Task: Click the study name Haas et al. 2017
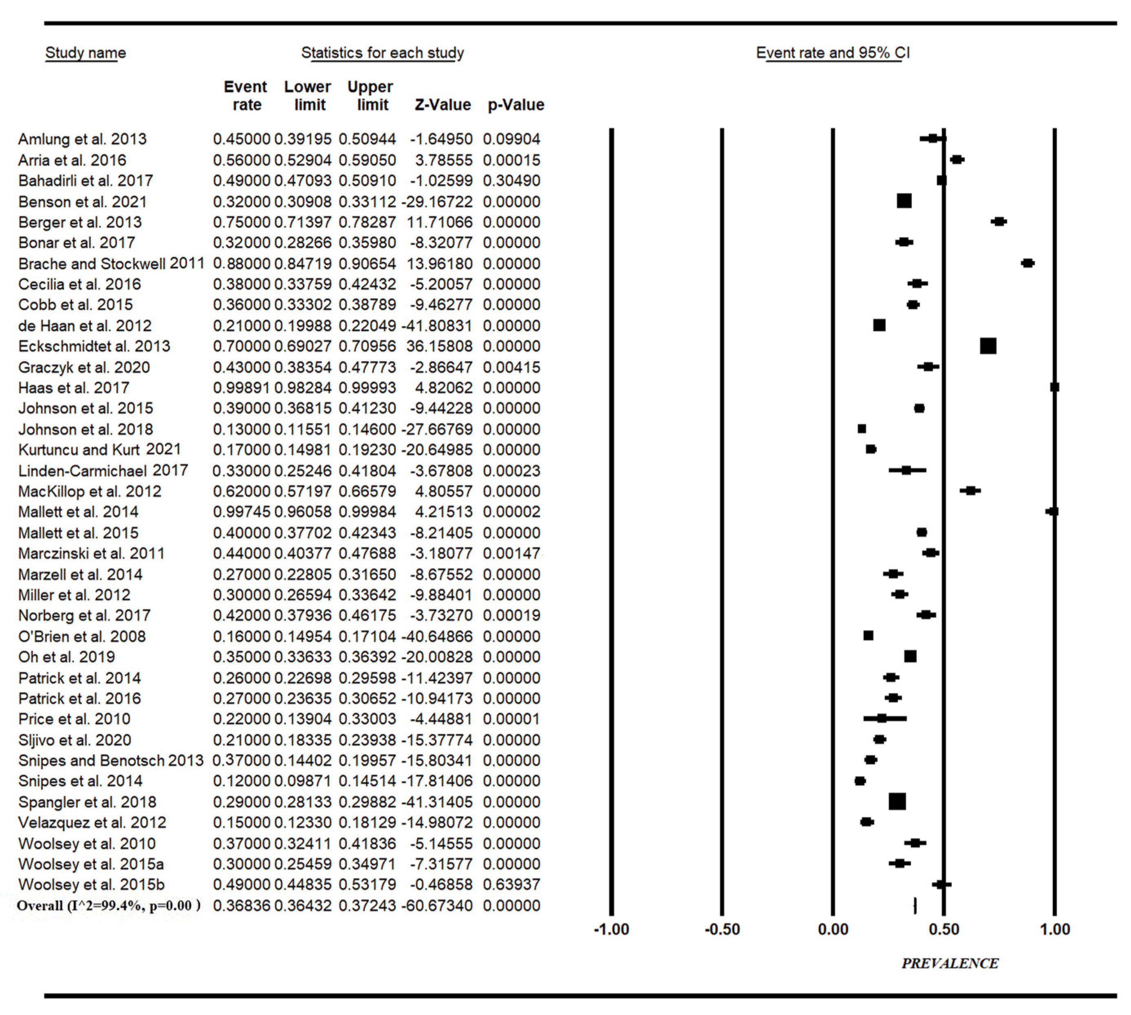coord(74,388)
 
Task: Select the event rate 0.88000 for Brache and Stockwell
coord(241,263)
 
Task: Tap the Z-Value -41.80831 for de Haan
coord(437,326)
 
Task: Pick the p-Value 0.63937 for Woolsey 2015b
coord(511,885)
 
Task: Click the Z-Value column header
coord(443,105)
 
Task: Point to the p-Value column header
coord(516,105)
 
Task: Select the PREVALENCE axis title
coord(950,964)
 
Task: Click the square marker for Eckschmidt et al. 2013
coord(988,346)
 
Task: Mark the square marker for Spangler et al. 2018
coord(897,802)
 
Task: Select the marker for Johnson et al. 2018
coord(862,429)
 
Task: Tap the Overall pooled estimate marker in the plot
coord(915,906)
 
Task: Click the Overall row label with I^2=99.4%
coord(109,906)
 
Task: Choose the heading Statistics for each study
coord(383,53)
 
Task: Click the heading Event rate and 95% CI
coord(833,53)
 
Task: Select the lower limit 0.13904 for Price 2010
coord(303,719)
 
